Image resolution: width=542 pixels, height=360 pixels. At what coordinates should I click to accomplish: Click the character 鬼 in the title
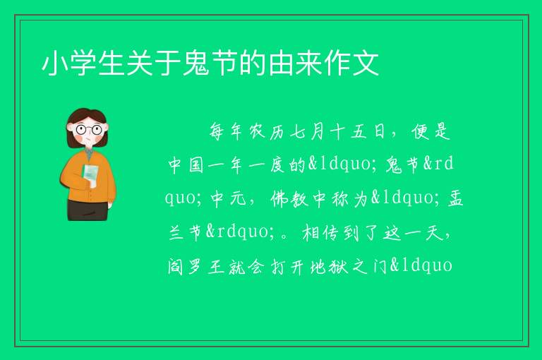195,64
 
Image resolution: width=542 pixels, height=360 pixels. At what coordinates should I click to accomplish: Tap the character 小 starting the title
55,64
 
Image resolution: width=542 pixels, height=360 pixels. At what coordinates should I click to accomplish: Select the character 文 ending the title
365,64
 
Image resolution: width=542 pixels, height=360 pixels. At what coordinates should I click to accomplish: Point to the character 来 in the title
308,64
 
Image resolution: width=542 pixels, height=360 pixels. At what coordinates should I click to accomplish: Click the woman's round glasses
89,130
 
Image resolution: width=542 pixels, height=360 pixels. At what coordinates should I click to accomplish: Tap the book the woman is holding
90,174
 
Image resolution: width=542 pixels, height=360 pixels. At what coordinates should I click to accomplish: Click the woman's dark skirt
88,210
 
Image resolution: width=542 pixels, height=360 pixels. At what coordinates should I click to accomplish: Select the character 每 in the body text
217,131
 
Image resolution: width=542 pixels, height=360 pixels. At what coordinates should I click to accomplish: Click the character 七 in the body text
298,132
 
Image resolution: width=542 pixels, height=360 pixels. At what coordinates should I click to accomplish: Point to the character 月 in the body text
318,132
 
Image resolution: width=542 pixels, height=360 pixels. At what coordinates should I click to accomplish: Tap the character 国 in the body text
196,165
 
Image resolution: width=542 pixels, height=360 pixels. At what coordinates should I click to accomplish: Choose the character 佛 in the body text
279,198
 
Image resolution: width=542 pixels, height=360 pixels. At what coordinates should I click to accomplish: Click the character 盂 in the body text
455,198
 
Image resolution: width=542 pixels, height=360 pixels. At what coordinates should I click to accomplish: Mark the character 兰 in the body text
176,232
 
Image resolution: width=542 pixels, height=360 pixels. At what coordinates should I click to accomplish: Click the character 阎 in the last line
175,266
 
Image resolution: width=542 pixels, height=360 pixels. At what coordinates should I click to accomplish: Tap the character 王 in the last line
216,266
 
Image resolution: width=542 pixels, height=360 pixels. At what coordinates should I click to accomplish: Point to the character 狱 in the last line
338,266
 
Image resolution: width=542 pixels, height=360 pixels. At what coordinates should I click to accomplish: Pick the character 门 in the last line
380,266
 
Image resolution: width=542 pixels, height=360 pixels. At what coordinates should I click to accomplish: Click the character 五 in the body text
359,132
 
